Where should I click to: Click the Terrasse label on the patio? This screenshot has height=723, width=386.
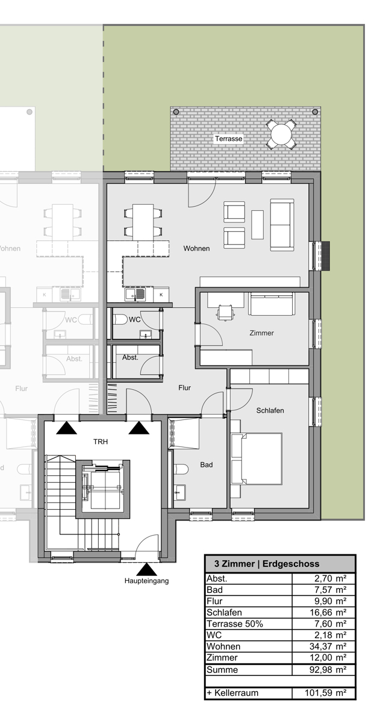pyautogui.click(x=229, y=139)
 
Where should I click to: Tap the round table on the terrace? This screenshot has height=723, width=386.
pyautogui.click(x=281, y=134)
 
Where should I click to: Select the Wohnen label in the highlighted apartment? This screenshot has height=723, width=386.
pyautogui.click(x=196, y=248)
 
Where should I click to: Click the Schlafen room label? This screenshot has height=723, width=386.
pyautogui.click(x=270, y=410)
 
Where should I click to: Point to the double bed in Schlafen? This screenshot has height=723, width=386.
pyautogui.click(x=257, y=459)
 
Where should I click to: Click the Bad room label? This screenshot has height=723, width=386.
pyautogui.click(x=207, y=465)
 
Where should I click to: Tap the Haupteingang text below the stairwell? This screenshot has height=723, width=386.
pyautogui.click(x=146, y=581)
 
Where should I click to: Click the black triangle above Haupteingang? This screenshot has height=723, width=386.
pyautogui.click(x=147, y=570)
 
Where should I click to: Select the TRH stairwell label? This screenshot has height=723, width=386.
pyautogui.click(x=101, y=442)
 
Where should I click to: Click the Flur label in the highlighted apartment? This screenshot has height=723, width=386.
pyautogui.click(x=184, y=387)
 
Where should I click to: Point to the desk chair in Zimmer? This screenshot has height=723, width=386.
pyautogui.click(x=225, y=313)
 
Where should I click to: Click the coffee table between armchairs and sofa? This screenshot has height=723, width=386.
pyautogui.click(x=257, y=225)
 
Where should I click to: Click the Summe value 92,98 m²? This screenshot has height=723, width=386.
pyautogui.click(x=328, y=669)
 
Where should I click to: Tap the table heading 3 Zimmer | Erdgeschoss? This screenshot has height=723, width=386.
pyautogui.click(x=267, y=564)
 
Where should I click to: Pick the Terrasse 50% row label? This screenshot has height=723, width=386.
pyautogui.click(x=235, y=624)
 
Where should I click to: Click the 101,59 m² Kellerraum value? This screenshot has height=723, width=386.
pyautogui.click(x=326, y=693)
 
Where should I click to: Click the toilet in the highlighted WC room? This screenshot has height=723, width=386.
pyautogui.click(x=121, y=319)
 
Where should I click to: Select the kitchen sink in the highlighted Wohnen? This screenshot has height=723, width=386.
pyautogui.click(x=135, y=294)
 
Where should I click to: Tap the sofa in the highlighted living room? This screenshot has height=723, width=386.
pyautogui.click(x=282, y=225)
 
